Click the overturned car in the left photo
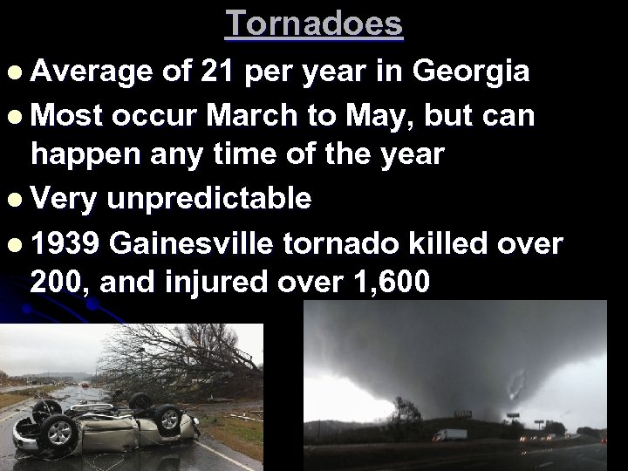(x=105, y=423)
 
